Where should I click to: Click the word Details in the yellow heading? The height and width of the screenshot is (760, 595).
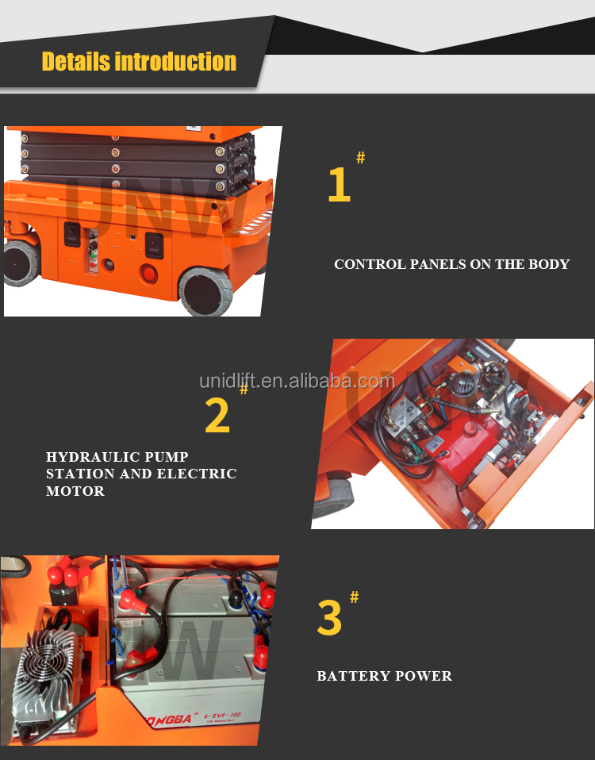point(75,62)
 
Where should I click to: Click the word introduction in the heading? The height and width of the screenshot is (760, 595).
point(175,62)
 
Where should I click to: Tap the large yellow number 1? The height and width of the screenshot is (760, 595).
point(339,185)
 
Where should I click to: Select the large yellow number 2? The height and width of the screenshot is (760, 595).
point(217,416)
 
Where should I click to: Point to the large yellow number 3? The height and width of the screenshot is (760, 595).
point(329,619)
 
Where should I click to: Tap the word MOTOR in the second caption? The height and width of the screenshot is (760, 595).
point(75,491)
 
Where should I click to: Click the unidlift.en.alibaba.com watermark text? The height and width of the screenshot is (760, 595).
point(297,381)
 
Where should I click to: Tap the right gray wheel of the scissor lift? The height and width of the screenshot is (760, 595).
point(204,291)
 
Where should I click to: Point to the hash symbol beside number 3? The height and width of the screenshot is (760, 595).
point(354,597)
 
